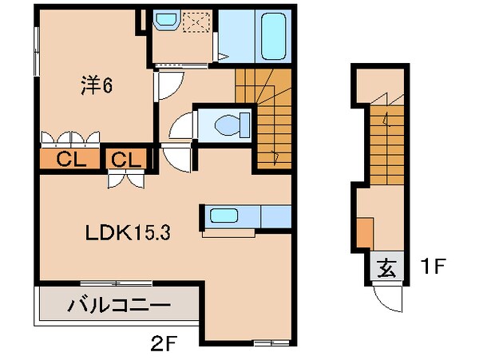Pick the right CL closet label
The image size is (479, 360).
pyautogui.click(x=125, y=159)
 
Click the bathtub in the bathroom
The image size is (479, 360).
pyautogui.click(x=274, y=36)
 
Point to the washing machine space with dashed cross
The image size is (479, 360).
pyautogui.click(x=196, y=23)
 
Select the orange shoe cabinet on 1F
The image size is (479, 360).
pyautogui.click(x=363, y=232)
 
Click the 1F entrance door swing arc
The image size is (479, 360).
pyautogui.click(x=390, y=299)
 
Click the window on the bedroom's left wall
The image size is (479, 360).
pyautogui.click(x=36, y=53)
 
